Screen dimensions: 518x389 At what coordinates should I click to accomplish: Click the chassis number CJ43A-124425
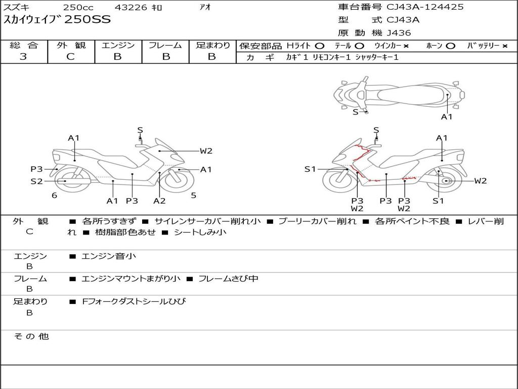(425, 7)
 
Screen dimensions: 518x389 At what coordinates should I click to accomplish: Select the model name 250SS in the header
(88, 19)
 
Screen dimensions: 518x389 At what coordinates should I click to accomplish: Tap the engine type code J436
(399, 33)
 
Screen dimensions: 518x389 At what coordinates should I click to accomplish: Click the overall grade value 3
(23, 57)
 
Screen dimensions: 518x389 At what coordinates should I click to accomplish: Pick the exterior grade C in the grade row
(70, 57)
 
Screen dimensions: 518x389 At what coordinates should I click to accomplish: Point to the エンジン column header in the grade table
(118, 45)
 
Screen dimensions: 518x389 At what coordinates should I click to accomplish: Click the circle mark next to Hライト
(320, 46)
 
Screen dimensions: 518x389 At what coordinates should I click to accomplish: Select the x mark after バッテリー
(505, 46)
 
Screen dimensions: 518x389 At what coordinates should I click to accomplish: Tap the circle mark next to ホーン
(450, 46)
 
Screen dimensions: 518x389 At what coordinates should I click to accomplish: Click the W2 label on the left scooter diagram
(206, 151)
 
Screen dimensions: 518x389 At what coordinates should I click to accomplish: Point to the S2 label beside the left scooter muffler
(36, 181)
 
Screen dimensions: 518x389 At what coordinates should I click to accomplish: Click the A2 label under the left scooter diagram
(159, 201)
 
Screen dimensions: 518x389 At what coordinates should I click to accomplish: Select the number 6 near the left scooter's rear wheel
(55, 196)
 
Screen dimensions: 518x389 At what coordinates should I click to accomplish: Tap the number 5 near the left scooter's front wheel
(194, 196)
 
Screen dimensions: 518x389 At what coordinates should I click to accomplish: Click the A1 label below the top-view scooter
(447, 117)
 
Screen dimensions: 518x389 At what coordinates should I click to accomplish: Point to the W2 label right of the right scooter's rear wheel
(481, 181)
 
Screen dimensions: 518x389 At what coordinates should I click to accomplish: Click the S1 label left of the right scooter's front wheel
(310, 169)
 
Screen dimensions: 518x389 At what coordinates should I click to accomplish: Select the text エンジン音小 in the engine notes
(109, 256)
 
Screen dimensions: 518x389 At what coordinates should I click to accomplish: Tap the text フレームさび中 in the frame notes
(228, 279)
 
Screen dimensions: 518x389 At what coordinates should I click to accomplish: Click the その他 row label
(31, 336)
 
